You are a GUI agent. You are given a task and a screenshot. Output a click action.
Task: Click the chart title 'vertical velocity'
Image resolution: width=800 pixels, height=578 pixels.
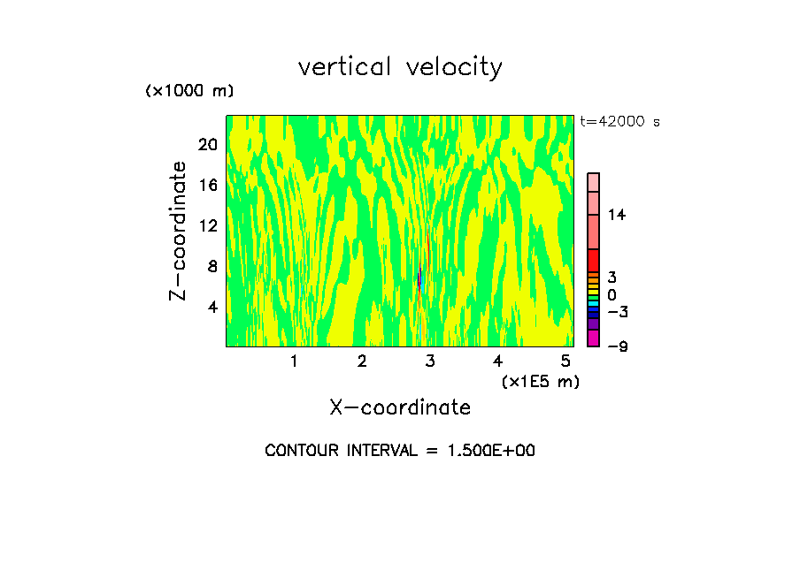click(400, 67)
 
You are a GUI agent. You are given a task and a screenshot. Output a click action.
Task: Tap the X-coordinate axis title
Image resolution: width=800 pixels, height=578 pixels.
click(400, 407)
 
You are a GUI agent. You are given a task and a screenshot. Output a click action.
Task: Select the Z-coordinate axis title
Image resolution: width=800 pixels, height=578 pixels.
click(179, 231)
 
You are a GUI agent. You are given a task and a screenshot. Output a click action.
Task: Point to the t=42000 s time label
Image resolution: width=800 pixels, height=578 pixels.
click(619, 122)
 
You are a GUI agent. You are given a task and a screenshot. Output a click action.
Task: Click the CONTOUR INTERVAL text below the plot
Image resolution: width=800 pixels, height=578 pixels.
click(400, 451)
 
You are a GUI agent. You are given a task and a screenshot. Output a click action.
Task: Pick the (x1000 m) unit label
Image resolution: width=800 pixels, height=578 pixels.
click(188, 91)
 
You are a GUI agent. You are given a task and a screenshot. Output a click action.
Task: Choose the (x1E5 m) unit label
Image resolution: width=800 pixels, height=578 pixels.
click(540, 381)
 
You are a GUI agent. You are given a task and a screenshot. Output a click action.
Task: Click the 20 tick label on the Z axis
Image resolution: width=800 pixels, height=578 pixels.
click(207, 145)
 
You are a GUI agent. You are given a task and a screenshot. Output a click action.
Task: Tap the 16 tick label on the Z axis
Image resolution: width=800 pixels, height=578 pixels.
click(207, 186)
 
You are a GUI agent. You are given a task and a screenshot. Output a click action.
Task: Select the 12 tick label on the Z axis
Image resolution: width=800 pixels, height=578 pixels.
click(207, 226)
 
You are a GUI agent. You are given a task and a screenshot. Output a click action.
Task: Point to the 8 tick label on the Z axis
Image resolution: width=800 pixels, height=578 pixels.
click(212, 267)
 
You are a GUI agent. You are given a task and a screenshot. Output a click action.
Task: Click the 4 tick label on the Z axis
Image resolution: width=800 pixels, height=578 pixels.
click(212, 308)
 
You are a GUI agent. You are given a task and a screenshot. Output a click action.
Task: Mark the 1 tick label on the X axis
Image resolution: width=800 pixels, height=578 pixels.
click(294, 361)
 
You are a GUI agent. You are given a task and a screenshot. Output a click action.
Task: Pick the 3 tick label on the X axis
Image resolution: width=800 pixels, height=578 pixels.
click(430, 361)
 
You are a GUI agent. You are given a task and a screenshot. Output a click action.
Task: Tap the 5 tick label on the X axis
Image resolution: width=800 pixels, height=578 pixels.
click(565, 361)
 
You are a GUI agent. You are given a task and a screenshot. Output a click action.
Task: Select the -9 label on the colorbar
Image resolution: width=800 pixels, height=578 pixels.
click(617, 346)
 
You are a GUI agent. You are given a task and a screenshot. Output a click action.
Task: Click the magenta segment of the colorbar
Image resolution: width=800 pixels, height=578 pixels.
click(593, 338)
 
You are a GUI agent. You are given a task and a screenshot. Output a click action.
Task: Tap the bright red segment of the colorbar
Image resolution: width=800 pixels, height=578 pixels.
click(593, 260)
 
